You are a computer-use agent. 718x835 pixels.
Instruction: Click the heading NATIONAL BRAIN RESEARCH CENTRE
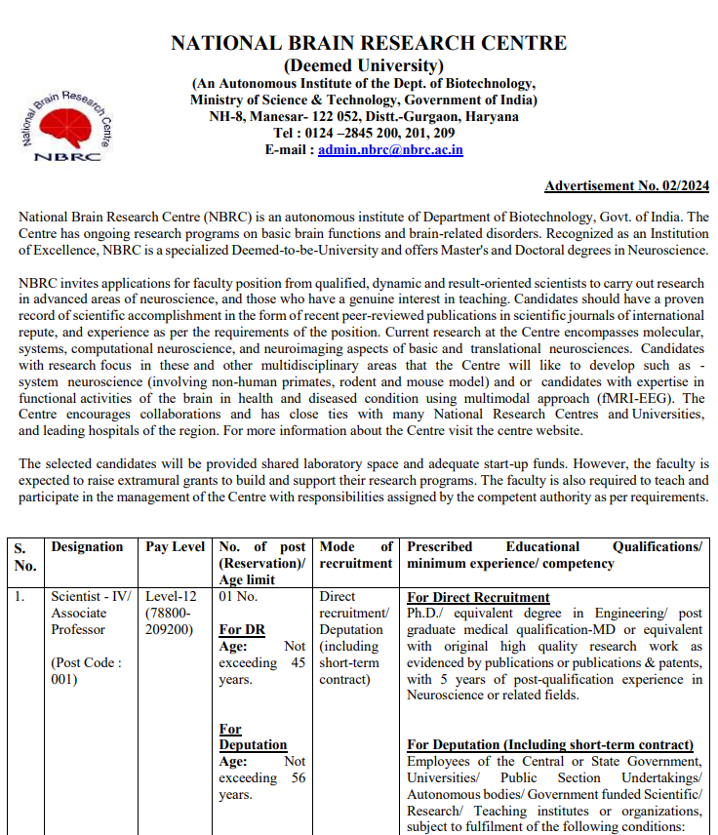click(369, 44)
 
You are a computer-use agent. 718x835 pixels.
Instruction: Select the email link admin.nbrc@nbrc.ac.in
click(390, 150)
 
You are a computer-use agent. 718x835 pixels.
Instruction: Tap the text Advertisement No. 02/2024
click(626, 185)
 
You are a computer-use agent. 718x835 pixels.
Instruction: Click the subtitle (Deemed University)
click(363, 65)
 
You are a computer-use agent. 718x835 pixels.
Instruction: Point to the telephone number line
click(364, 134)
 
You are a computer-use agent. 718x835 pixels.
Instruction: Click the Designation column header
click(87, 547)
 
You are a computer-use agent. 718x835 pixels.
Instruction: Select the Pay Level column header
click(175, 547)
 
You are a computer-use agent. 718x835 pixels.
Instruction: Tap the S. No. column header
click(24, 556)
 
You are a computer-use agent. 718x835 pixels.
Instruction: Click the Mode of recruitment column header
click(355, 555)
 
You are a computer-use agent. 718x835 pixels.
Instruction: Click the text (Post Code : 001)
click(87, 671)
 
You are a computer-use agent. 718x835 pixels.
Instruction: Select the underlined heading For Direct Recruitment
click(478, 597)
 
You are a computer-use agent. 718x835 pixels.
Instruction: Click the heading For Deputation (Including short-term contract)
click(550, 744)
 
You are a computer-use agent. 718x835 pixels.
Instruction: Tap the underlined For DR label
click(242, 629)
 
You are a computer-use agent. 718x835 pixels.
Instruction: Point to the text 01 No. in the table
click(238, 597)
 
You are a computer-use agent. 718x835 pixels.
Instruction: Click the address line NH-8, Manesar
click(363, 117)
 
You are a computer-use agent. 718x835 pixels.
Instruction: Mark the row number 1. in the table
click(20, 597)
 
